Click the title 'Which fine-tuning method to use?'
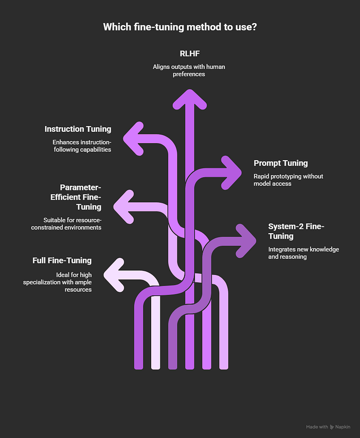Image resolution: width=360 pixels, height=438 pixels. coord(180,27)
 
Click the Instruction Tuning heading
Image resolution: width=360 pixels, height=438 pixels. coord(78,129)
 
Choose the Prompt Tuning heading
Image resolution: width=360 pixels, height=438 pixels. coord(281,163)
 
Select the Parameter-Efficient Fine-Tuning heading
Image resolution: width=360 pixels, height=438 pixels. coord(80,197)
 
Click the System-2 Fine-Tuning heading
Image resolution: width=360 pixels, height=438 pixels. coord(296,231)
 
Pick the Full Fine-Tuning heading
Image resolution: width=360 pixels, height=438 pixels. coord(62,260)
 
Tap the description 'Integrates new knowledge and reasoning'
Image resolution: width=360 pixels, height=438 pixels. coord(303,253)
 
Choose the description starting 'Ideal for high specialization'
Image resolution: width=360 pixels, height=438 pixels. coord(57,282)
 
